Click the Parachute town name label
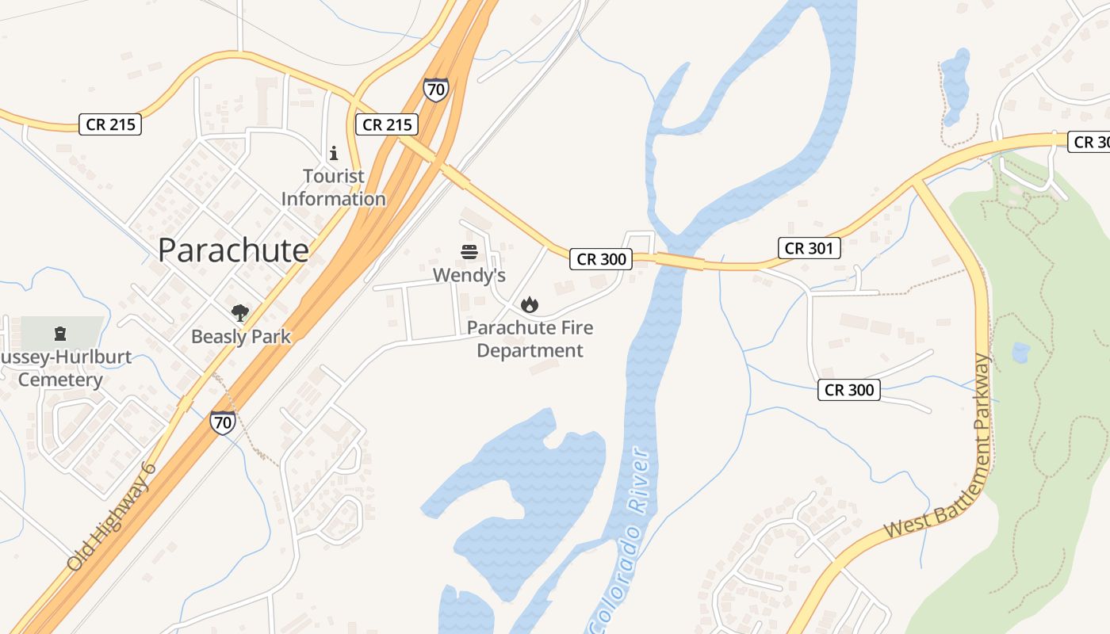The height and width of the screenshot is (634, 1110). click(x=233, y=250)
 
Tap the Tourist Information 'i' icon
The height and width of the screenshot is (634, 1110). click(x=334, y=153)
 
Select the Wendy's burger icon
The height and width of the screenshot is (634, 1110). click(x=469, y=253)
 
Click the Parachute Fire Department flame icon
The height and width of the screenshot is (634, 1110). click(x=529, y=304)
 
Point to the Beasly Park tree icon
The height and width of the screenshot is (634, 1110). click(x=240, y=313)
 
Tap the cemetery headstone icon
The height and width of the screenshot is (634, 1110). click(x=60, y=333)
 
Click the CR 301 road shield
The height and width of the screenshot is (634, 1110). click(x=809, y=248)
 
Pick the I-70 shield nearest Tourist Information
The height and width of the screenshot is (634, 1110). click(x=435, y=90)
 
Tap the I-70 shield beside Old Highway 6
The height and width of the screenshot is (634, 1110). click(x=223, y=422)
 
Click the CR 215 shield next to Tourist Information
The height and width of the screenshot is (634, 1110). click(x=386, y=124)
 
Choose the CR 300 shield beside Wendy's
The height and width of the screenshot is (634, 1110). click(x=601, y=259)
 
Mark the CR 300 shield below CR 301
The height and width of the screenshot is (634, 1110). click(x=849, y=390)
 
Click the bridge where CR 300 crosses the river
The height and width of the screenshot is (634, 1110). click(x=679, y=262)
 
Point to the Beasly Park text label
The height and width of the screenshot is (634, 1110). click(x=241, y=337)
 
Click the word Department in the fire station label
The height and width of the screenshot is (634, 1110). click(x=530, y=351)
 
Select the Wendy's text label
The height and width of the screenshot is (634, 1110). click(x=469, y=276)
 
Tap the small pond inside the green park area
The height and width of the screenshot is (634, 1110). click(x=1020, y=352)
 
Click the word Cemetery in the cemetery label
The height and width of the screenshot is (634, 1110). click(x=60, y=380)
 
